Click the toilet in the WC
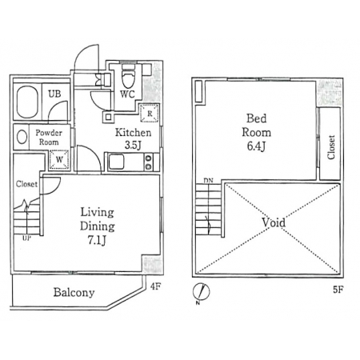tap(128, 76)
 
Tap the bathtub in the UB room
tap(27, 102)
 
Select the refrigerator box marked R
tap(150, 114)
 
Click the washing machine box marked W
tap(59, 160)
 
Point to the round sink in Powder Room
tap(22, 138)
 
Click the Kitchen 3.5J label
tap(133, 138)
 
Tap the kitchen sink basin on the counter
tap(116, 162)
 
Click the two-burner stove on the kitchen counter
tap(148, 162)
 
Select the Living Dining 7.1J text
tap(98, 226)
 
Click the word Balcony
tap(74, 292)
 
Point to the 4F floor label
tap(156, 286)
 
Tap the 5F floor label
tap(338, 290)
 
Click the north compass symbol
tap(202, 291)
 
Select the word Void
tap(274, 222)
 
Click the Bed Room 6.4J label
tap(256, 132)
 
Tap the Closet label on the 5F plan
tap(331, 147)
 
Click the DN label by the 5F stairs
tap(209, 181)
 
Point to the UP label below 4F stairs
tap(27, 238)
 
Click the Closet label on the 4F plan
tap(26, 184)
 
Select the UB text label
tap(54, 94)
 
